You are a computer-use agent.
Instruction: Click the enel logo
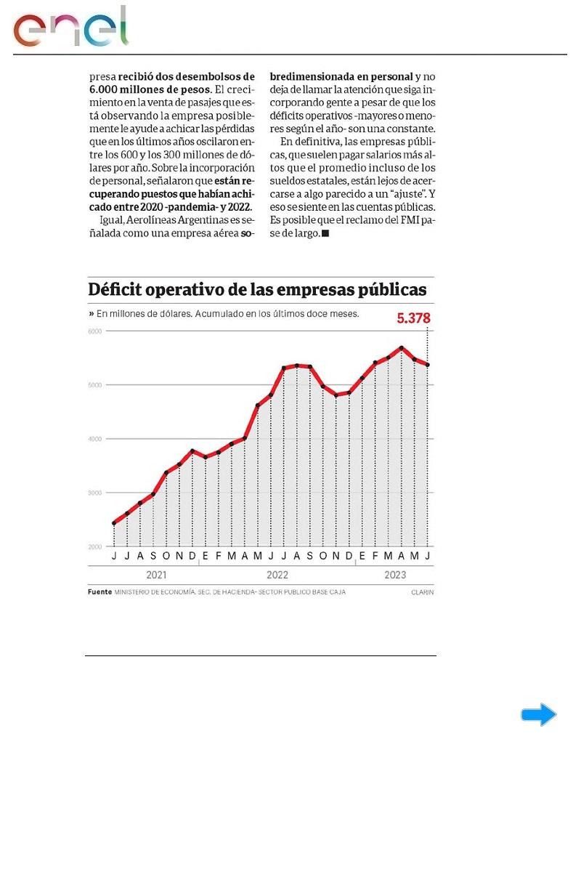70,28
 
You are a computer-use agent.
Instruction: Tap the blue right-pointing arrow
538,715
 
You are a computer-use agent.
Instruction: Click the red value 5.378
413,318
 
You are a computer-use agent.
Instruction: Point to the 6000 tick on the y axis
95,331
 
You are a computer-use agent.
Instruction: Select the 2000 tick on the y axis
95,546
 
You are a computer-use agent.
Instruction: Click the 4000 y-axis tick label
95,439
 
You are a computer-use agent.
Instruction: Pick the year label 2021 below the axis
156,574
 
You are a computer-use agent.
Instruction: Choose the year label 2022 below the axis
277,574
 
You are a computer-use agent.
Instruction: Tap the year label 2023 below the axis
394,574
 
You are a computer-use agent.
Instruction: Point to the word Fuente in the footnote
99,592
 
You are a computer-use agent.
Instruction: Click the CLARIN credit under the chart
422,592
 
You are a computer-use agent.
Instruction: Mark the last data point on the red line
428,365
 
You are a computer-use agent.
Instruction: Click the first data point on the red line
114,523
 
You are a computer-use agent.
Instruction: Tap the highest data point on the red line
402,347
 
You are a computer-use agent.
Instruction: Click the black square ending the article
325,233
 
